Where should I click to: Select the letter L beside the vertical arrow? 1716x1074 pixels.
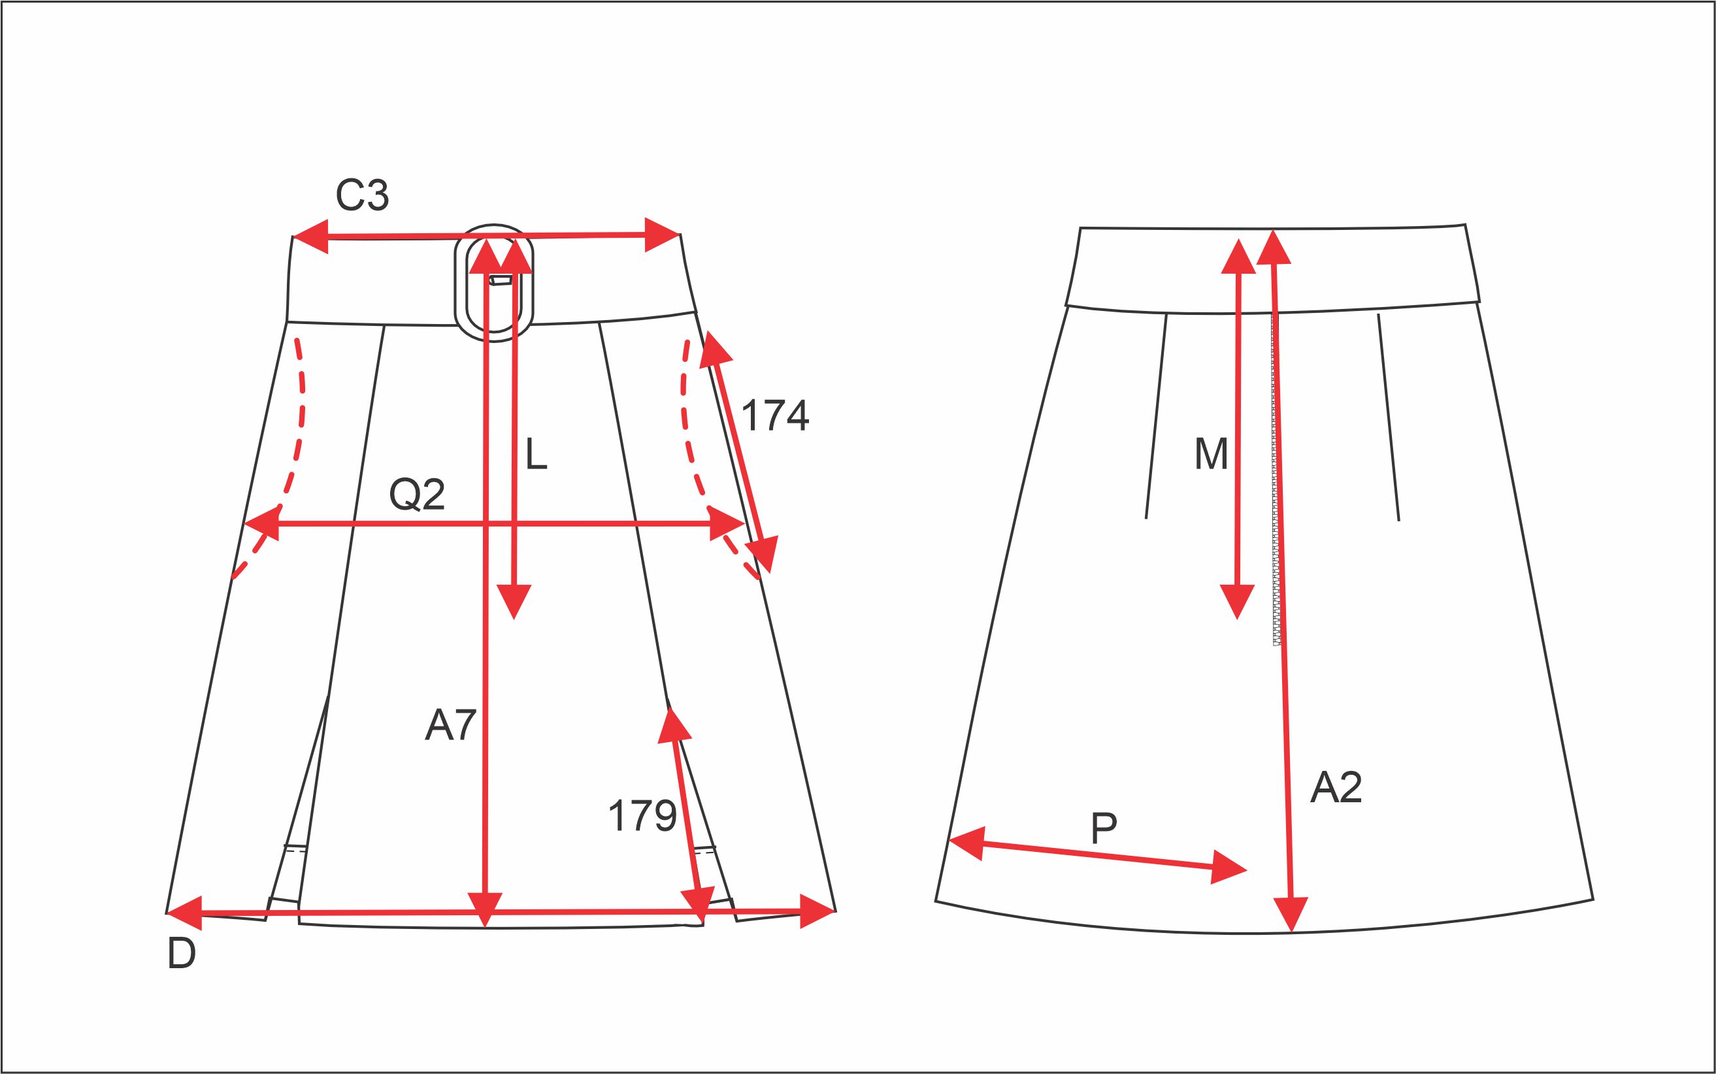(x=536, y=454)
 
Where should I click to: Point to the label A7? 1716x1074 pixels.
(x=450, y=725)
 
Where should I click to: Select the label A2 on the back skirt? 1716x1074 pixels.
(x=1336, y=787)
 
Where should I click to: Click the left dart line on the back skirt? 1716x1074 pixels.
(x=1156, y=415)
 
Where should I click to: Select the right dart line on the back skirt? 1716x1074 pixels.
(x=1389, y=417)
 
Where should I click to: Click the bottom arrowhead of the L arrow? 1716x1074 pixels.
(x=514, y=601)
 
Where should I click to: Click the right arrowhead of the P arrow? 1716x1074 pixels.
(x=1229, y=868)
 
